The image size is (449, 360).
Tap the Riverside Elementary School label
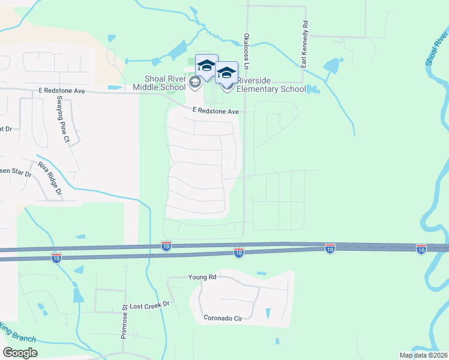point(271,85)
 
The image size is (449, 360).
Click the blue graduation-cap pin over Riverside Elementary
point(226,73)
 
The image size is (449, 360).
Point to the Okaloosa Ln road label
point(246,46)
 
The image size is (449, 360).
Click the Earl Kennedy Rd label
point(305,45)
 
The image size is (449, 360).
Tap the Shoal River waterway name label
point(438,46)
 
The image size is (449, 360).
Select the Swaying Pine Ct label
point(64,124)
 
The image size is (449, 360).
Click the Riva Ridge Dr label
point(50,179)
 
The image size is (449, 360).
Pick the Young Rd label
point(202,277)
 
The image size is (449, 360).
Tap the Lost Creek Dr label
point(150,305)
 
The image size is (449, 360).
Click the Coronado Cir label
point(223,318)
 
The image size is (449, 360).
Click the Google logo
point(20,353)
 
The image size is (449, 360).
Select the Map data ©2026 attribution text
point(423,355)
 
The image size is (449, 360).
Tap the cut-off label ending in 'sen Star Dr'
point(15,173)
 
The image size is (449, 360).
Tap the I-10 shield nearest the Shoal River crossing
point(421,248)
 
